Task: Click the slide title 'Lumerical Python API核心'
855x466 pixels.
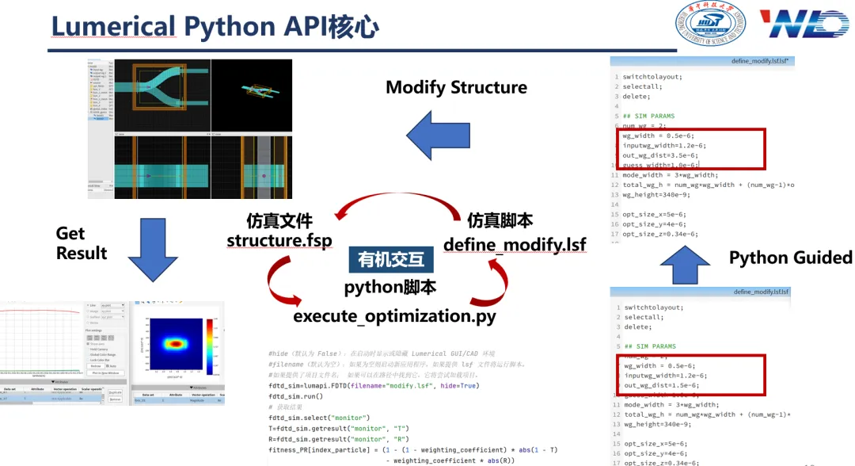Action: [215, 26]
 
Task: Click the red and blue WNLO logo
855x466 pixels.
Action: [804, 24]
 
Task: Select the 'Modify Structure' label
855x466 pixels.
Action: [456, 87]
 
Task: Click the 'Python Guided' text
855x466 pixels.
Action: [790, 258]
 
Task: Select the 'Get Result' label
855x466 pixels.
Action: [81, 243]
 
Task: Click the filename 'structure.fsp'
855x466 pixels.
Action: [279, 241]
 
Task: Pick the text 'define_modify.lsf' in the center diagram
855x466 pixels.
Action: [515, 244]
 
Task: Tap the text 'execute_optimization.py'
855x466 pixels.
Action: [394, 316]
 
